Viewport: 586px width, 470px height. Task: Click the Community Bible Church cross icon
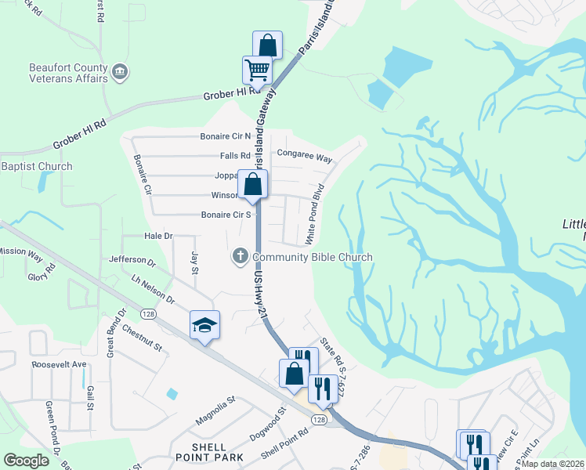(x=239, y=256)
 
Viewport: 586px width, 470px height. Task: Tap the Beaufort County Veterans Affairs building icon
(x=120, y=73)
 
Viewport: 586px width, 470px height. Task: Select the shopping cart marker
(x=257, y=70)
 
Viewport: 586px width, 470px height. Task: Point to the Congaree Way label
(x=305, y=157)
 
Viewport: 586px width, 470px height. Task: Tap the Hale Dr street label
(x=158, y=235)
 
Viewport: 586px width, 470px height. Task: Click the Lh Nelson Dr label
(x=154, y=288)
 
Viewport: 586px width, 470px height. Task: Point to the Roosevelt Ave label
(x=58, y=364)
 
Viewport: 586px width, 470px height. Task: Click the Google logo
(x=26, y=461)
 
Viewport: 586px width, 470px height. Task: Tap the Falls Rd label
(x=235, y=155)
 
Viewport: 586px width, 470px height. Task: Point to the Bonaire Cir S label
(x=226, y=214)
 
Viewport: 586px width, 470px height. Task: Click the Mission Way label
(x=20, y=252)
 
